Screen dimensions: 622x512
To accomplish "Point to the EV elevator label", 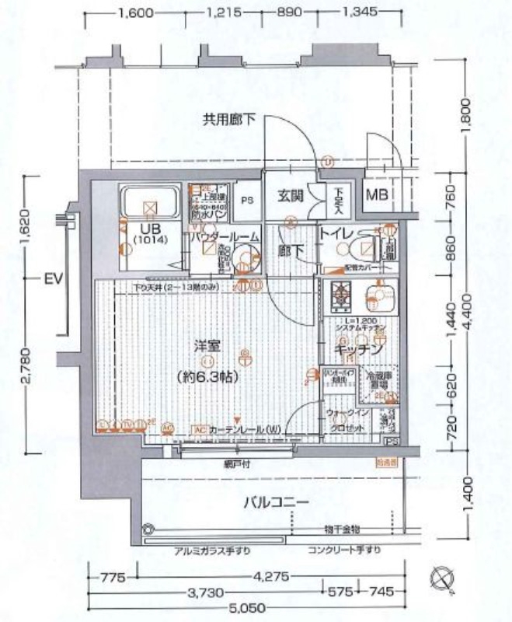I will point(52,277).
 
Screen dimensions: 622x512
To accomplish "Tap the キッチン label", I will point(357,350).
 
